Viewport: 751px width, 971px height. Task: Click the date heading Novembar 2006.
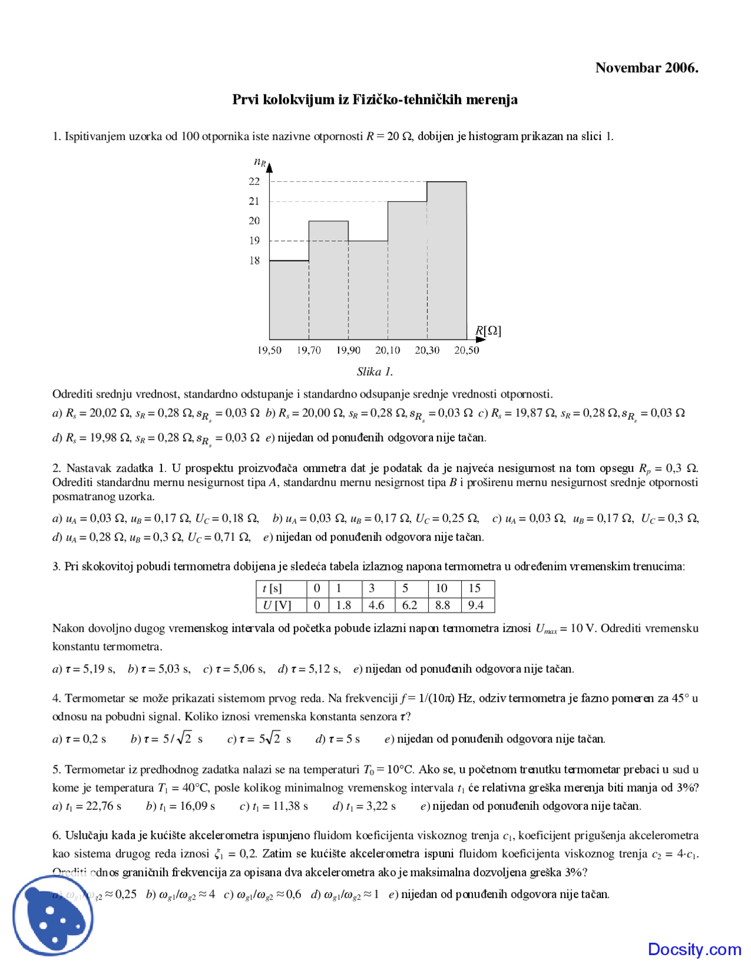(647, 68)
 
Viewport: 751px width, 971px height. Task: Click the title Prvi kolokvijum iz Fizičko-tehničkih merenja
(375, 100)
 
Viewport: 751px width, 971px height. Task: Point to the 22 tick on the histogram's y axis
(254, 182)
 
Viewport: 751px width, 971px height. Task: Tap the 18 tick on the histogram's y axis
(254, 260)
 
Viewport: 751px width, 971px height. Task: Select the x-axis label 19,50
(269, 351)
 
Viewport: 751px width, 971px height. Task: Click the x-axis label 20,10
(388, 351)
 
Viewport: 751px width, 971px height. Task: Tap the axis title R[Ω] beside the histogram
(488, 331)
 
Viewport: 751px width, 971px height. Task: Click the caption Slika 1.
(375, 372)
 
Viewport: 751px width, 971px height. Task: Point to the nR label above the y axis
(259, 162)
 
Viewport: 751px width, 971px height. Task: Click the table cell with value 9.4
(476, 605)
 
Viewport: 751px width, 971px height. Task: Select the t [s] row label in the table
(273, 588)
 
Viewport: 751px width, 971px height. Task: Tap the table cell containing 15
(475, 588)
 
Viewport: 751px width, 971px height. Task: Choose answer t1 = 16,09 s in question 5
(181, 806)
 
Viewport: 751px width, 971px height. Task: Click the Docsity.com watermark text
(694, 949)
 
